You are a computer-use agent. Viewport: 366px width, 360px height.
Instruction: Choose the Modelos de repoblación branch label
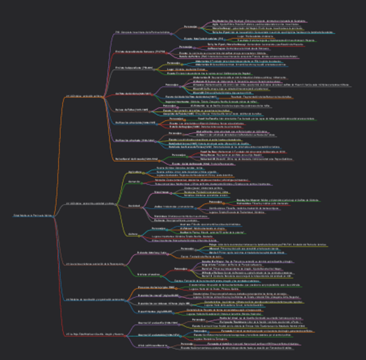tap(92, 299)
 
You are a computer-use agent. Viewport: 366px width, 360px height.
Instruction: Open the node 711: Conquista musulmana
tap(142, 33)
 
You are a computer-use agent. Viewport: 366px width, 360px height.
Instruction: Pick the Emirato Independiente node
tap(134, 68)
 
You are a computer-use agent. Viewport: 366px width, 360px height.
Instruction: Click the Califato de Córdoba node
tap(133, 94)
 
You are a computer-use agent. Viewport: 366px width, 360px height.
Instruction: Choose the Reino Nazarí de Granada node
tap(136, 159)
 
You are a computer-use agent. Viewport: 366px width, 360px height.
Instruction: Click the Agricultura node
tap(135, 172)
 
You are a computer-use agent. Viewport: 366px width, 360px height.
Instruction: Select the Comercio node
tap(134, 182)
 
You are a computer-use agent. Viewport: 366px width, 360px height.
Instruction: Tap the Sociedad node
tap(134, 206)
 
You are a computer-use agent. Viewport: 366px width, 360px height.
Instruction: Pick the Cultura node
tap(133, 234)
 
